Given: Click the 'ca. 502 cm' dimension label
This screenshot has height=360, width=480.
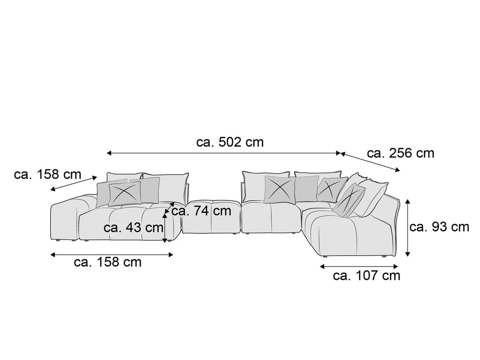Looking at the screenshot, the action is coord(230,142).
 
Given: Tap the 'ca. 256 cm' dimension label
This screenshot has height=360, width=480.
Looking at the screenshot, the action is coord(400,153).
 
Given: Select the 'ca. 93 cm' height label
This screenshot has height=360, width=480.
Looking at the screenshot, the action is coord(439,227).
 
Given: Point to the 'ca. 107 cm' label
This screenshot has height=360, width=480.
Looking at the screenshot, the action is coord(367,276).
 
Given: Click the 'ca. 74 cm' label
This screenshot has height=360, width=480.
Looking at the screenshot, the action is coord(201,211).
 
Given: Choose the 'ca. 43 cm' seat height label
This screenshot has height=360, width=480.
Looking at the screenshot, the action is coord(133,228).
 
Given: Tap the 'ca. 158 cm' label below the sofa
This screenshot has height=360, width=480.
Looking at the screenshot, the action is coord(108,262).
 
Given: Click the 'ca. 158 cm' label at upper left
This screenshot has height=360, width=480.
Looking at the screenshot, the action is coord(48,175).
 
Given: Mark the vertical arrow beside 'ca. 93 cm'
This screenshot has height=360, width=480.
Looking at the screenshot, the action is coord(408,228).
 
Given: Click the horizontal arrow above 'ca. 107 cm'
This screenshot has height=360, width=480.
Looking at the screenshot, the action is coord(359,267).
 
